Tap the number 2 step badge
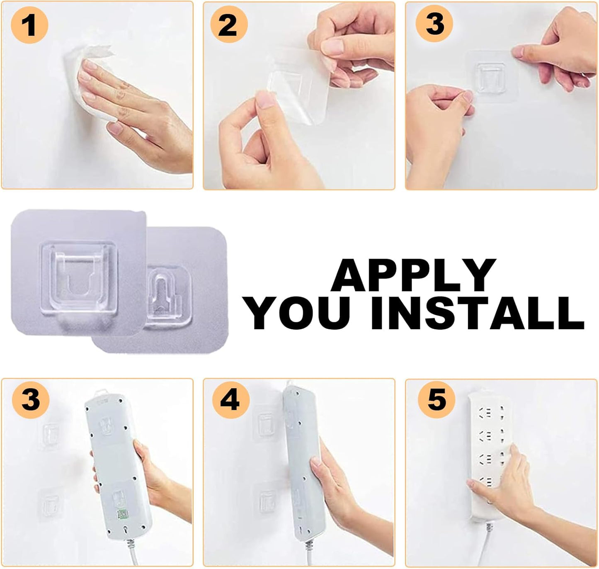(x=229, y=25)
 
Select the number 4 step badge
(x=231, y=400)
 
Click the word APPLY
(x=414, y=276)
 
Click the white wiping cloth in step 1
(x=88, y=83)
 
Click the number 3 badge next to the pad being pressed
(x=434, y=25)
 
